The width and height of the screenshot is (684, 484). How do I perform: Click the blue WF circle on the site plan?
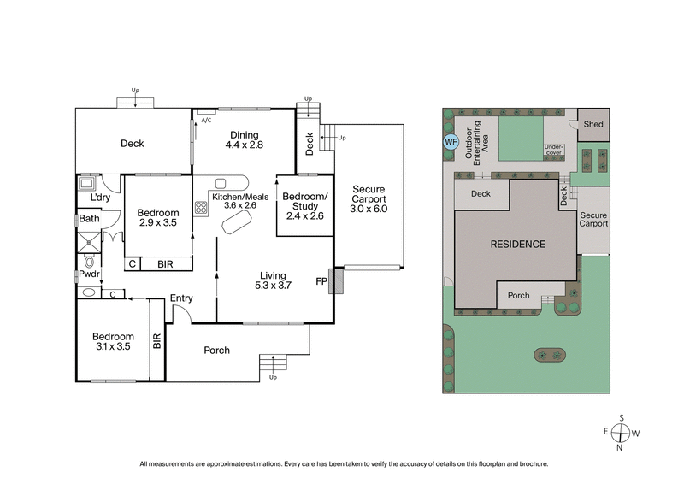(x=451, y=142)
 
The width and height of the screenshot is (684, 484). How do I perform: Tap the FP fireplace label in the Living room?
(x=321, y=280)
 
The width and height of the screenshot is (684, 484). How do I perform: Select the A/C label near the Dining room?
(x=206, y=120)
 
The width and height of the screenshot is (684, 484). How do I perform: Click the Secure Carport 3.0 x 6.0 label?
(x=369, y=198)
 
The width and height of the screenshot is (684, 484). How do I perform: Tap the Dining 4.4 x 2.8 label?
(x=244, y=140)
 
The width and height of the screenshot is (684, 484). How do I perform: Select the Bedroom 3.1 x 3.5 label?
(x=114, y=342)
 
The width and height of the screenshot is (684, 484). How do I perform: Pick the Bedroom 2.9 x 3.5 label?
(x=158, y=218)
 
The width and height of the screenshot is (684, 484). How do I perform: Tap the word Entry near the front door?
(x=181, y=298)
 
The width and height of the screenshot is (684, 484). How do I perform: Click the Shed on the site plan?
(x=593, y=125)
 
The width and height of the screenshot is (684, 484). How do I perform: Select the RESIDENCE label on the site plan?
(x=517, y=245)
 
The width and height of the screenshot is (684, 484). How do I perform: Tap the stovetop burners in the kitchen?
(x=202, y=207)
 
